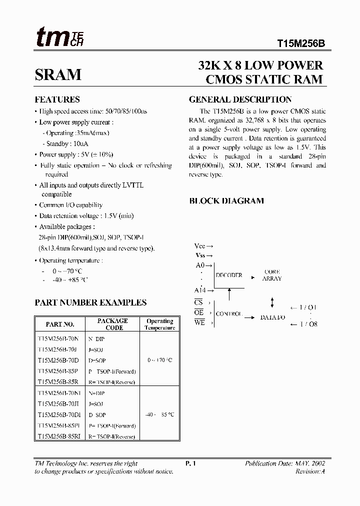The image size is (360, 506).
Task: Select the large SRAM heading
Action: click(x=58, y=74)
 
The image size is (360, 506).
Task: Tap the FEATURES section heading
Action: click(x=56, y=99)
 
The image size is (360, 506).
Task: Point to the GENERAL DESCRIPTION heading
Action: click(x=240, y=99)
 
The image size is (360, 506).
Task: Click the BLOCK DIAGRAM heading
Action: click(x=226, y=201)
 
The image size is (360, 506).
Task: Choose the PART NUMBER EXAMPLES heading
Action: click(x=90, y=302)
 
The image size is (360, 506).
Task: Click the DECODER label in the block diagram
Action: click(x=228, y=275)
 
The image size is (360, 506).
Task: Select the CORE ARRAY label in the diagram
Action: click(x=272, y=275)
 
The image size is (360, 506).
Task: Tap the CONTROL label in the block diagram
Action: click(x=228, y=314)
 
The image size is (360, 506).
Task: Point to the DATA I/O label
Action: click(x=272, y=317)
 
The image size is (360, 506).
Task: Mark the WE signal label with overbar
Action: click(x=199, y=323)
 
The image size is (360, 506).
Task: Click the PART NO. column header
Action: click(x=60, y=324)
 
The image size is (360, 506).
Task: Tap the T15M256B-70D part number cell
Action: click(x=57, y=360)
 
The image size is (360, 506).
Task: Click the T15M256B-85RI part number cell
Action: click(x=58, y=436)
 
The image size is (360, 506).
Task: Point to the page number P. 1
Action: click(x=190, y=463)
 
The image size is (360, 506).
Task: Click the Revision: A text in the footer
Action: click(x=310, y=471)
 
